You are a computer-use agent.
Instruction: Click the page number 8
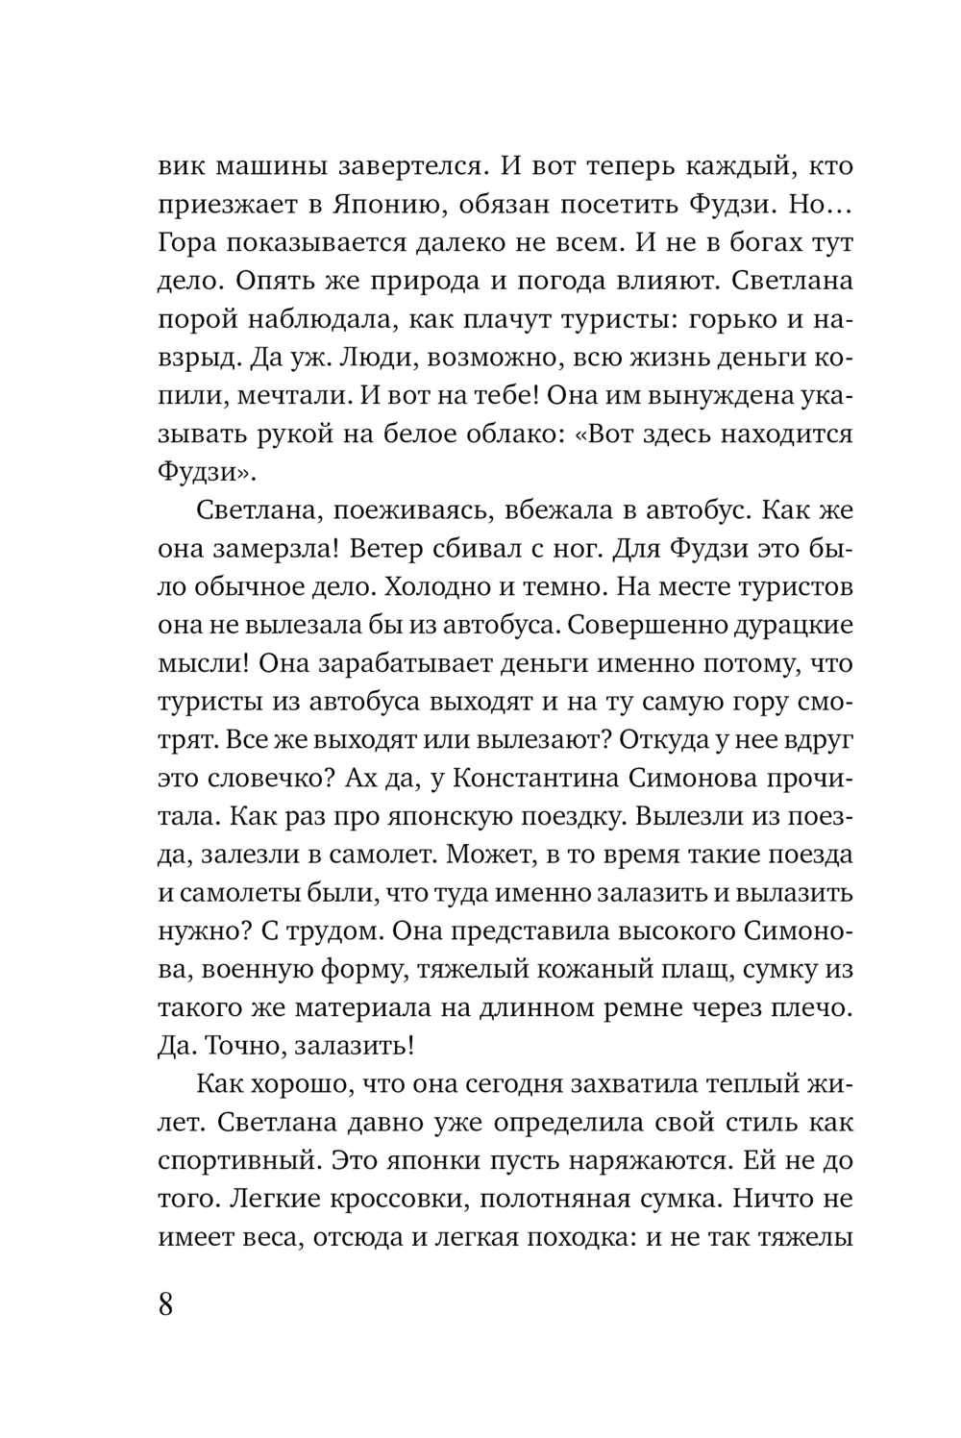[x=165, y=1306]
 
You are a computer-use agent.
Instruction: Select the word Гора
[x=189, y=243]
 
